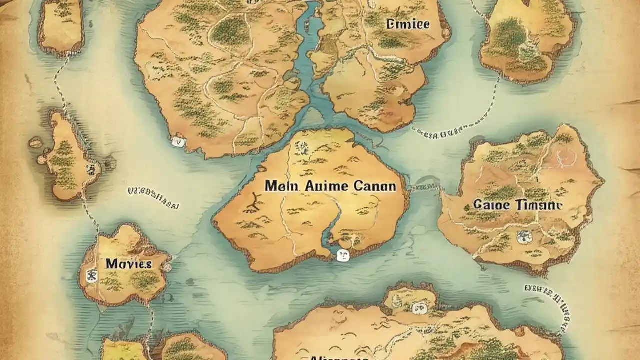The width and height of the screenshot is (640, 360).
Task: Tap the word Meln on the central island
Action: tap(280, 186)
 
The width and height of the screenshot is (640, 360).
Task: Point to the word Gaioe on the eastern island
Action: tap(490, 205)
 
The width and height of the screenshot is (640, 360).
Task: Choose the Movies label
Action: tap(128, 264)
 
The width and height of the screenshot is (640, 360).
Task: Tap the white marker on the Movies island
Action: tap(91, 274)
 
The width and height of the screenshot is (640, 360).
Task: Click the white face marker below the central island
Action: tap(342, 256)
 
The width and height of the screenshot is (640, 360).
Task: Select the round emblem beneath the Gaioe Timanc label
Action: tap(523, 236)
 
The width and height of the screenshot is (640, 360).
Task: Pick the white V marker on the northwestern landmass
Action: tap(178, 142)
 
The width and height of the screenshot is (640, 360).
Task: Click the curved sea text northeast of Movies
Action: tap(153, 197)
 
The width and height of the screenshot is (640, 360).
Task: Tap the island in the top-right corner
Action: tap(526, 40)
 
